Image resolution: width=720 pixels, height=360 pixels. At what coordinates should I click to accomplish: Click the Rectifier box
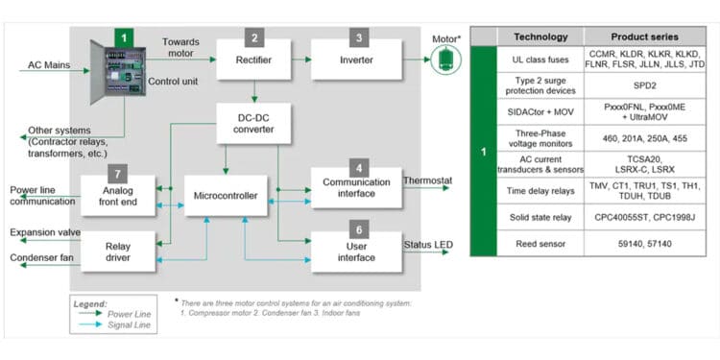click(253, 60)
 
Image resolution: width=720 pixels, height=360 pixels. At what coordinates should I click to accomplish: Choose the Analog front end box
click(117, 195)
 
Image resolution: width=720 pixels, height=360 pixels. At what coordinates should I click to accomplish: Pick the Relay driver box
click(117, 252)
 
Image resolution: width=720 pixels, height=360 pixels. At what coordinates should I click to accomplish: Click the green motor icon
click(444, 60)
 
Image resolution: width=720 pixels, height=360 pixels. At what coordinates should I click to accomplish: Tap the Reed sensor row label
click(540, 243)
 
